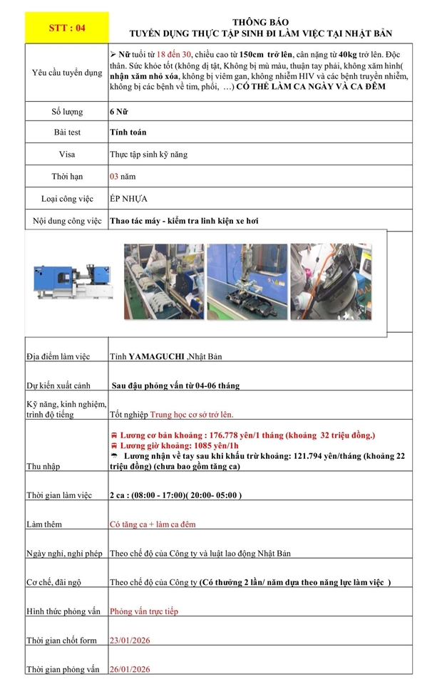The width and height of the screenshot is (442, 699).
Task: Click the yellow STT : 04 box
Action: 66,28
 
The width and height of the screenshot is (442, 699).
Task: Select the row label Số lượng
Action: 67,112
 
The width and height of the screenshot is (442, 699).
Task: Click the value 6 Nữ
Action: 119,112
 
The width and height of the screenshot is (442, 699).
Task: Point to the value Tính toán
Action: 128,132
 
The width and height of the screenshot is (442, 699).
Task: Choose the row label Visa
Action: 67,154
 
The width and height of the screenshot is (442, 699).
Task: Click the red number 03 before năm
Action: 114,175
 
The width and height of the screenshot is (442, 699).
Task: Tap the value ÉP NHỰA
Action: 128,198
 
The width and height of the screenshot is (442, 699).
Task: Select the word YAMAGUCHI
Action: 157,356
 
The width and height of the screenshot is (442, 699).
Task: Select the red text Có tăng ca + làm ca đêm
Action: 153,524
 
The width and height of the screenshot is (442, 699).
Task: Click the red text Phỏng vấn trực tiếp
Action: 144,611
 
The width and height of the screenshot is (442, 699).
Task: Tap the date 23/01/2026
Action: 130,640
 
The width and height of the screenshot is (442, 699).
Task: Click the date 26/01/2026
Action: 130,669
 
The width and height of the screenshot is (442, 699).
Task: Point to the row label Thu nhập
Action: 44,466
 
